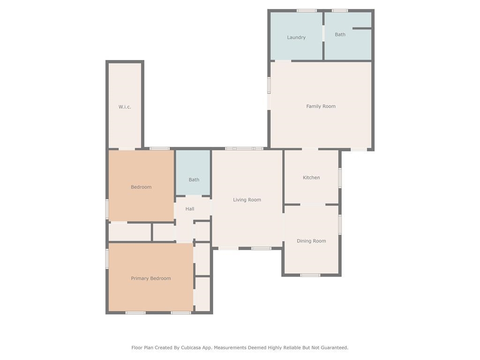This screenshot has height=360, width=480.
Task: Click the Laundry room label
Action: point(296,37)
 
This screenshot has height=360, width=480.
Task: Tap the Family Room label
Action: point(321,106)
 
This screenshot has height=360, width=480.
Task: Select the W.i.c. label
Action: point(125,107)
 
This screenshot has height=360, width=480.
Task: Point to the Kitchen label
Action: point(311,178)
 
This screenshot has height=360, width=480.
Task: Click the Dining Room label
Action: point(311,241)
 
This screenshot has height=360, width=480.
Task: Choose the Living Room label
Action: point(247,200)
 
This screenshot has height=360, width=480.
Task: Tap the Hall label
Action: point(190,209)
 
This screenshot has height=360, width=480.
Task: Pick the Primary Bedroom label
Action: point(151,278)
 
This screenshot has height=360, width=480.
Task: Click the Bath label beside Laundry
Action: point(340,35)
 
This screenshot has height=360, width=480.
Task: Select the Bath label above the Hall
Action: point(194,180)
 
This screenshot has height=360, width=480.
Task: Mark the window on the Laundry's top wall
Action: point(307,11)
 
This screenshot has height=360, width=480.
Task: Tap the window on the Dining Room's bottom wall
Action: point(310,275)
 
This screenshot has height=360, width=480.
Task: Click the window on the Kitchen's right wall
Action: point(340,178)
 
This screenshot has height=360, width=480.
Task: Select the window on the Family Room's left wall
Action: point(269,85)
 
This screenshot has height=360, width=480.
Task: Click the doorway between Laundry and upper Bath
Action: point(323,33)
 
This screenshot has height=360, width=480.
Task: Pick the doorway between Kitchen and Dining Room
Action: point(313,204)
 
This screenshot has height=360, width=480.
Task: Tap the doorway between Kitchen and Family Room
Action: point(310,150)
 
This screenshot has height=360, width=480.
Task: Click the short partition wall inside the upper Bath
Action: point(362,29)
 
